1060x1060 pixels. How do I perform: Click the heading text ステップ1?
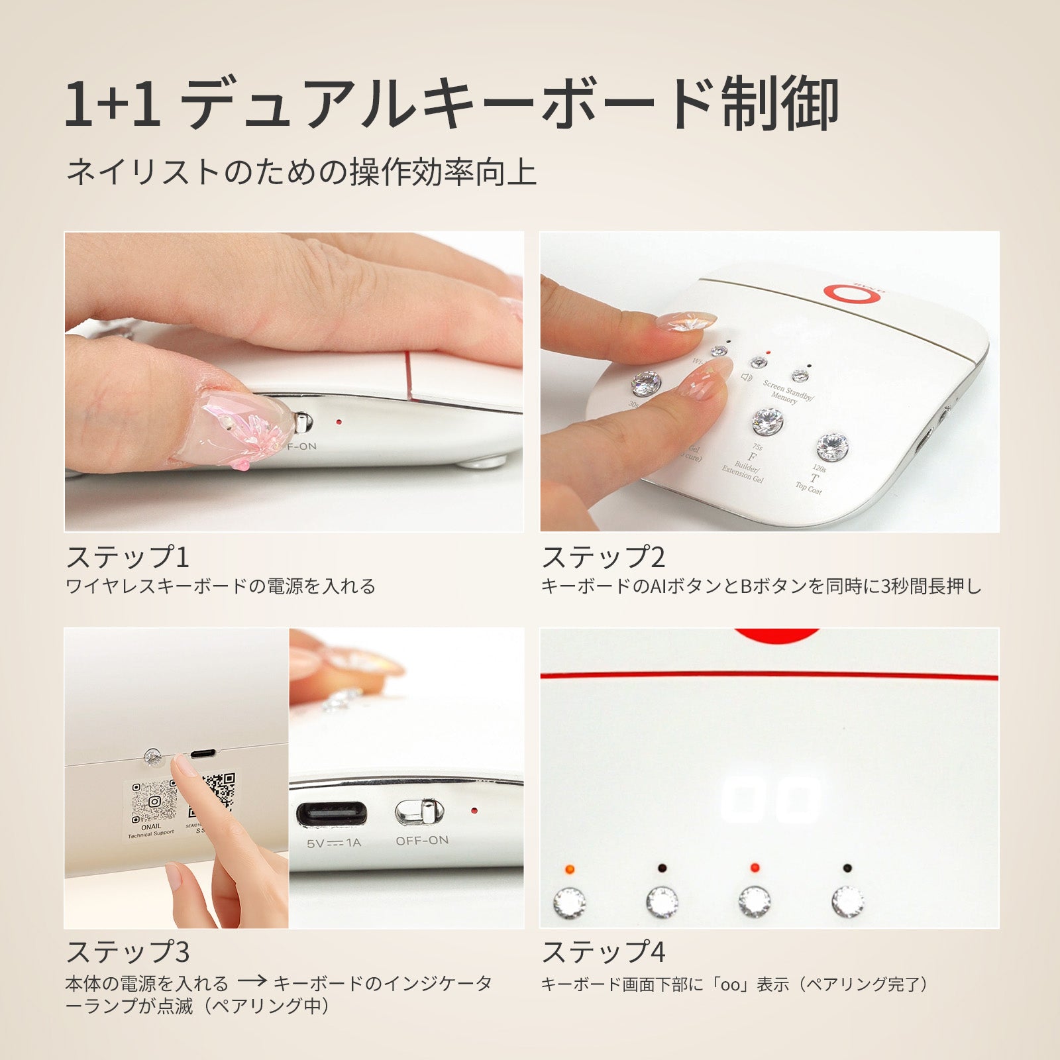point(127,556)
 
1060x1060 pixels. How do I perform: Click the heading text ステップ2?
point(603,556)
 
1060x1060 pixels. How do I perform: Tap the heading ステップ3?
point(127,951)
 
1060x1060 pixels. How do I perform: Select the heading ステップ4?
point(603,951)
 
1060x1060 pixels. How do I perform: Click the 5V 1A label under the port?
point(334,843)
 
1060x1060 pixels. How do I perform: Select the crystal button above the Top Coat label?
point(832,447)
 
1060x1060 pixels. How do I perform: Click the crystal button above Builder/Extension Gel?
point(767,421)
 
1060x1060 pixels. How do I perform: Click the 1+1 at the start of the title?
point(113,103)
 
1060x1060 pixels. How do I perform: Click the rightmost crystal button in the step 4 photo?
point(848,900)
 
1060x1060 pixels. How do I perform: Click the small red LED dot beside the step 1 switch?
point(339,421)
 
